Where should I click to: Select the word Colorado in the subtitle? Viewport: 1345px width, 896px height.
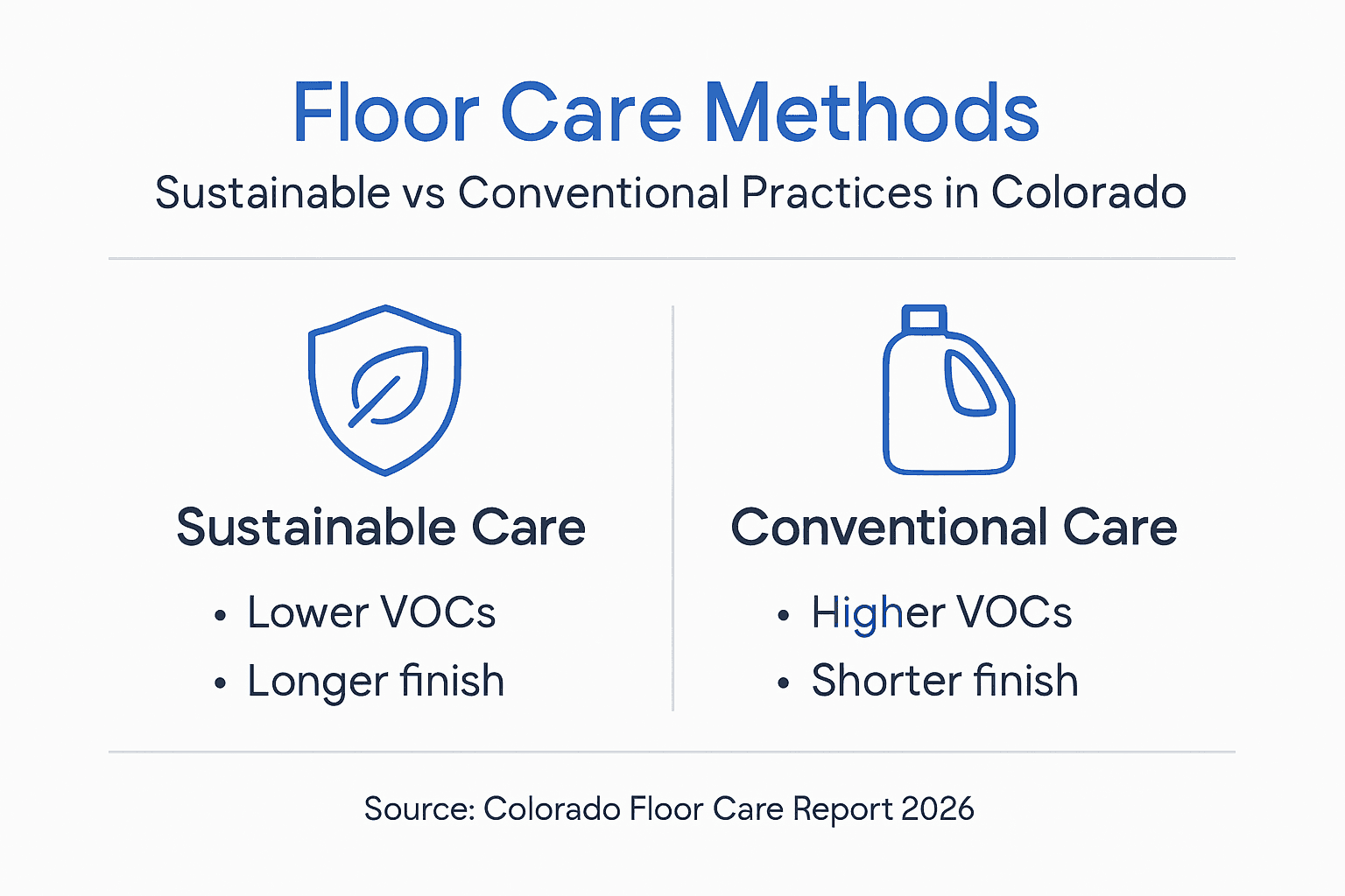click(1088, 192)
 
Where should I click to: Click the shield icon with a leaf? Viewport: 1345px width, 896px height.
click(385, 389)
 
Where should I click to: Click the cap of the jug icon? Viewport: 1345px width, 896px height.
click(924, 318)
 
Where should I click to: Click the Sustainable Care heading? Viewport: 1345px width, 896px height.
click(381, 528)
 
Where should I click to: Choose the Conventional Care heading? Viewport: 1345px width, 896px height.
click(954, 528)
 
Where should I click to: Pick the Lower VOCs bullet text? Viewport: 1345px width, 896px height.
click(371, 612)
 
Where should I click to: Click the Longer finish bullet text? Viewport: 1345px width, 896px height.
click(376, 682)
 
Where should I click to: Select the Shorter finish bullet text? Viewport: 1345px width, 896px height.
click(944, 681)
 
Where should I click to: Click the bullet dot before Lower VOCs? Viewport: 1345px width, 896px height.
click(220, 616)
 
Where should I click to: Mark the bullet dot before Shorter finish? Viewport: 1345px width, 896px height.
click(784, 684)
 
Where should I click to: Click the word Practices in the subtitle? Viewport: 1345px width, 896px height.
click(836, 192)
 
